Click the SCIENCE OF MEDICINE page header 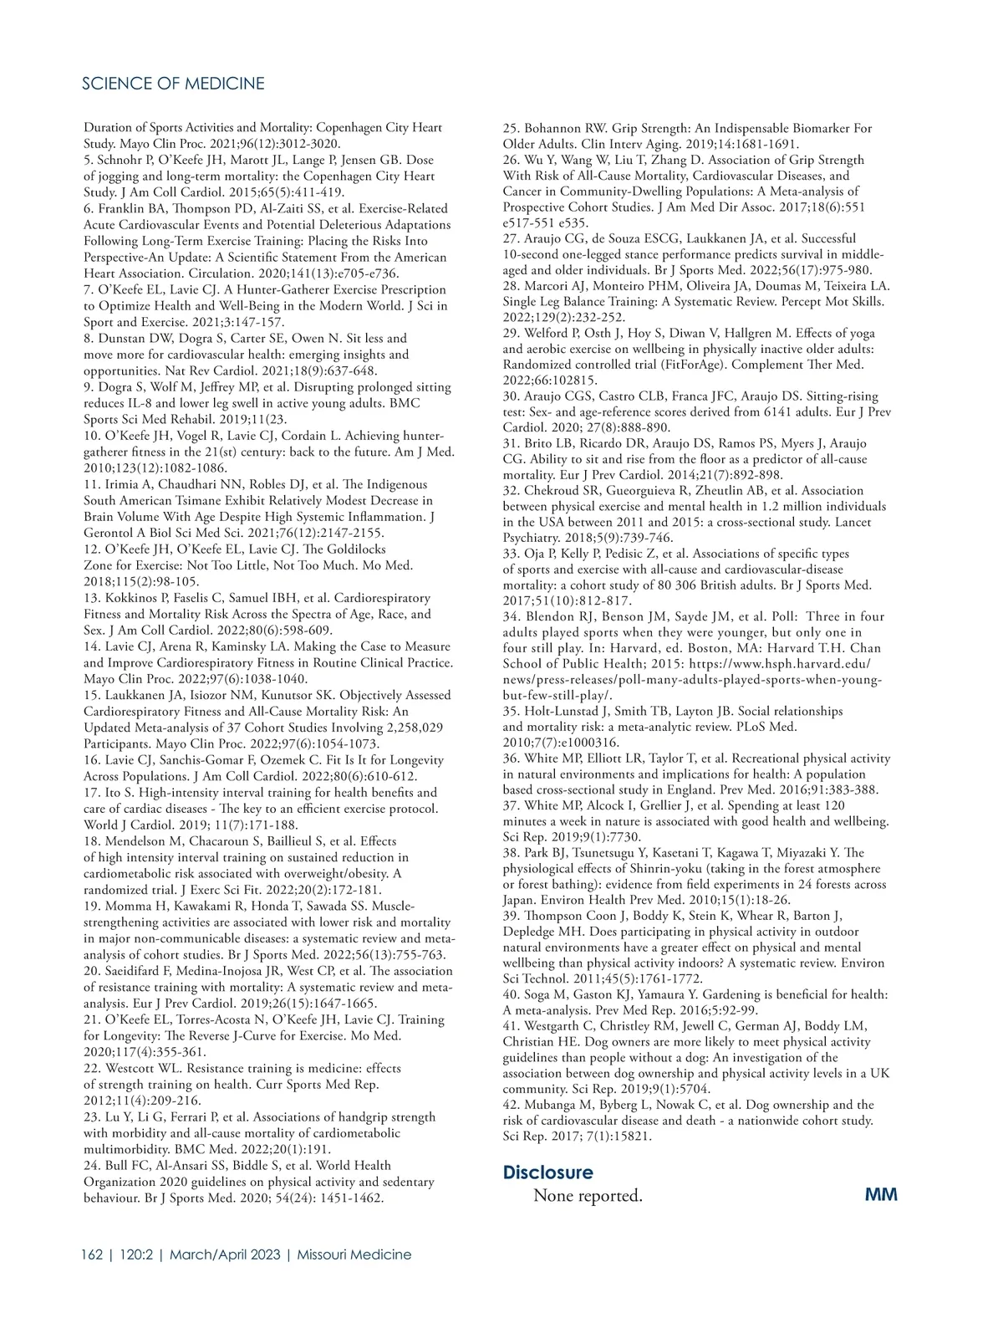(174, 84)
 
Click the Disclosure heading (547, 1172)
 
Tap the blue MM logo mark (881, 1194)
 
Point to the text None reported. (588, 1196)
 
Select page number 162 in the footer (92, 1254)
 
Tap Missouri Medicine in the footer (354, 1254)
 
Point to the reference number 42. (512, 1105)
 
